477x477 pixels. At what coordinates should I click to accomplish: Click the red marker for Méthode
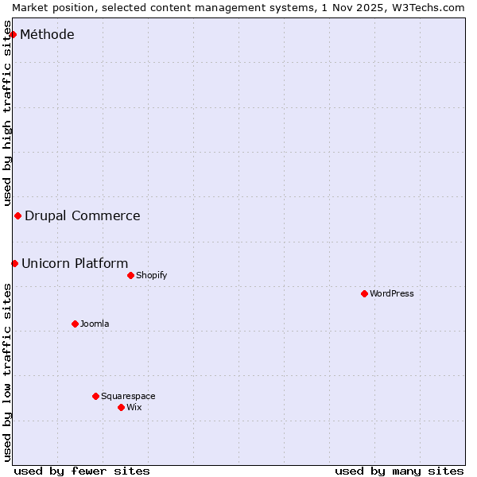tap(13, 34)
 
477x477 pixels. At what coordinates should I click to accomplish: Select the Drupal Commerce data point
tap(17, 215)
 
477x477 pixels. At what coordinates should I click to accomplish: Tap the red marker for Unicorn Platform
tap(14, 263)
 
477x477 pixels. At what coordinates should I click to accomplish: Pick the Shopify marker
tap(130, 275)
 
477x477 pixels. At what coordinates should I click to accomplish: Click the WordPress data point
tap(364, 293)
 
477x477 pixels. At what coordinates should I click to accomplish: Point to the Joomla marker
tap(75, 324)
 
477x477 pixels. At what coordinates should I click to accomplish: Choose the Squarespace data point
tap(95, 396)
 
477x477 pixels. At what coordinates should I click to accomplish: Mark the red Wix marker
tap(121, 407)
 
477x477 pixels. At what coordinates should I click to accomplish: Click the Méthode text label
tap(47, 34)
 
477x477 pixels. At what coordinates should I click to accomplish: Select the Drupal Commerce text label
tap(83, 215)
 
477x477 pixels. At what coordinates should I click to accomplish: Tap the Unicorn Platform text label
tap(75, 263)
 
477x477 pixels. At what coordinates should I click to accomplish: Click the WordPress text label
tap(392, 293)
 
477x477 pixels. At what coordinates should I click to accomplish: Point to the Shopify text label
tap(151, 275)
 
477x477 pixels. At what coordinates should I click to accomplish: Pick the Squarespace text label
tap(128, 396)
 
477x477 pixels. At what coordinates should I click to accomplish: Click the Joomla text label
tap(95, 324)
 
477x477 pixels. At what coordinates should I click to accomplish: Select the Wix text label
tap(134, 407)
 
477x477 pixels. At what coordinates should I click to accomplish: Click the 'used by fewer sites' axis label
tap(82, 471)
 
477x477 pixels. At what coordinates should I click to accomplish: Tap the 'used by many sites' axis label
tap(399, 471)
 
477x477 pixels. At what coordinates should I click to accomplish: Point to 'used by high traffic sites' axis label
tap(7, 119)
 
